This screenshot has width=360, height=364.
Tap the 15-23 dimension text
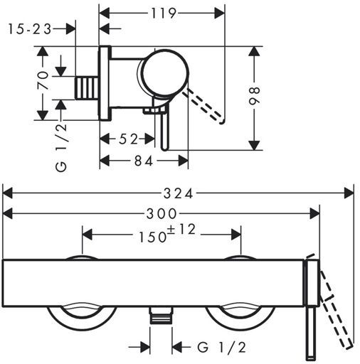(30, 29)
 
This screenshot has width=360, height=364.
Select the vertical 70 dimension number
(43, 80)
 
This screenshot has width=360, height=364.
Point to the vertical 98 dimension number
(255, 96)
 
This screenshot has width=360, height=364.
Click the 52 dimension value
(128, 139)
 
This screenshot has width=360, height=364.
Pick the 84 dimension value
(144, 161)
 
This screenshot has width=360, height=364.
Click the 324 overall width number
(179, 193)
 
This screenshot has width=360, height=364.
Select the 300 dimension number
(162, 214)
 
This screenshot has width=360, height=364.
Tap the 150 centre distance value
(152, 237)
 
